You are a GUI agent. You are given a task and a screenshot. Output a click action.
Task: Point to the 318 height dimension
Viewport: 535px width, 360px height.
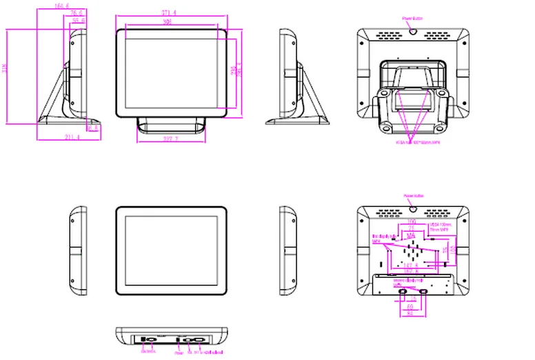point(6,68)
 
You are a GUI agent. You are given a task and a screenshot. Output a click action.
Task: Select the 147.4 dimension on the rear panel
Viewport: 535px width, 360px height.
point(412,264)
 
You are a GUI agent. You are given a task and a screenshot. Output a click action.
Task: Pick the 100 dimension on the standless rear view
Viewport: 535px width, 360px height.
point(412,221)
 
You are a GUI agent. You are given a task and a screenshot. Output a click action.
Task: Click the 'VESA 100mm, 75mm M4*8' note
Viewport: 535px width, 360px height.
point(441,228)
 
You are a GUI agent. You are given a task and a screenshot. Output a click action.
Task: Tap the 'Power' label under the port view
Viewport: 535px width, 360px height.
point(179,352)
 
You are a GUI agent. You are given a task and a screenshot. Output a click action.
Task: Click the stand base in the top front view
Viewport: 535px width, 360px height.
point(172,123)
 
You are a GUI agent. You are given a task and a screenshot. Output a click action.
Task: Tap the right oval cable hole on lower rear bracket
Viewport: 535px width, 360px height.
point(423,292)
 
